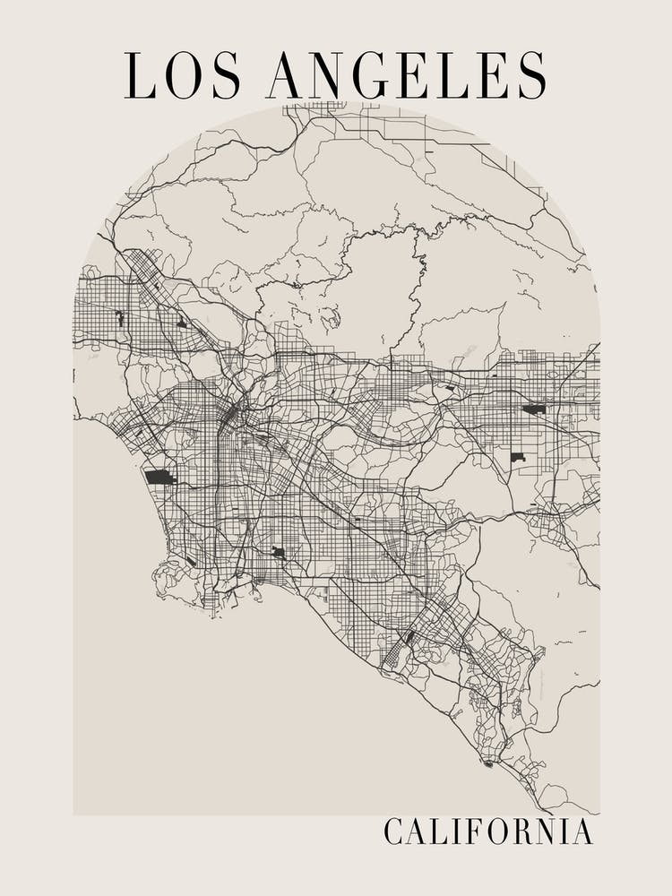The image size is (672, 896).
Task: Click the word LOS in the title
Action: pos(183,74)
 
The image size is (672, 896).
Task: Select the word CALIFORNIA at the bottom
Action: pos(488,831)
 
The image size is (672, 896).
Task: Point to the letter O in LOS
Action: pos(184,74)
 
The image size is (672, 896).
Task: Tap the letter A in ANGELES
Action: pos(284,74)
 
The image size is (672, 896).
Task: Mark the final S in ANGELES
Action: pos(531,74)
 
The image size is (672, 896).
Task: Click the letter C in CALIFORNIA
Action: pos(393,831)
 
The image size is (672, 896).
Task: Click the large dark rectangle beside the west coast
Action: pos(160,477)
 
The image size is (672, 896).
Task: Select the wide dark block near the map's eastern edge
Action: pos(534,409)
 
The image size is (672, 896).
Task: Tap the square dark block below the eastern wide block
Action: pos(517,457)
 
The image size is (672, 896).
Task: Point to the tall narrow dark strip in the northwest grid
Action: pos(119,318)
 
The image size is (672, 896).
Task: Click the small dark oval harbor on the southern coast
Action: pos(488,763)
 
